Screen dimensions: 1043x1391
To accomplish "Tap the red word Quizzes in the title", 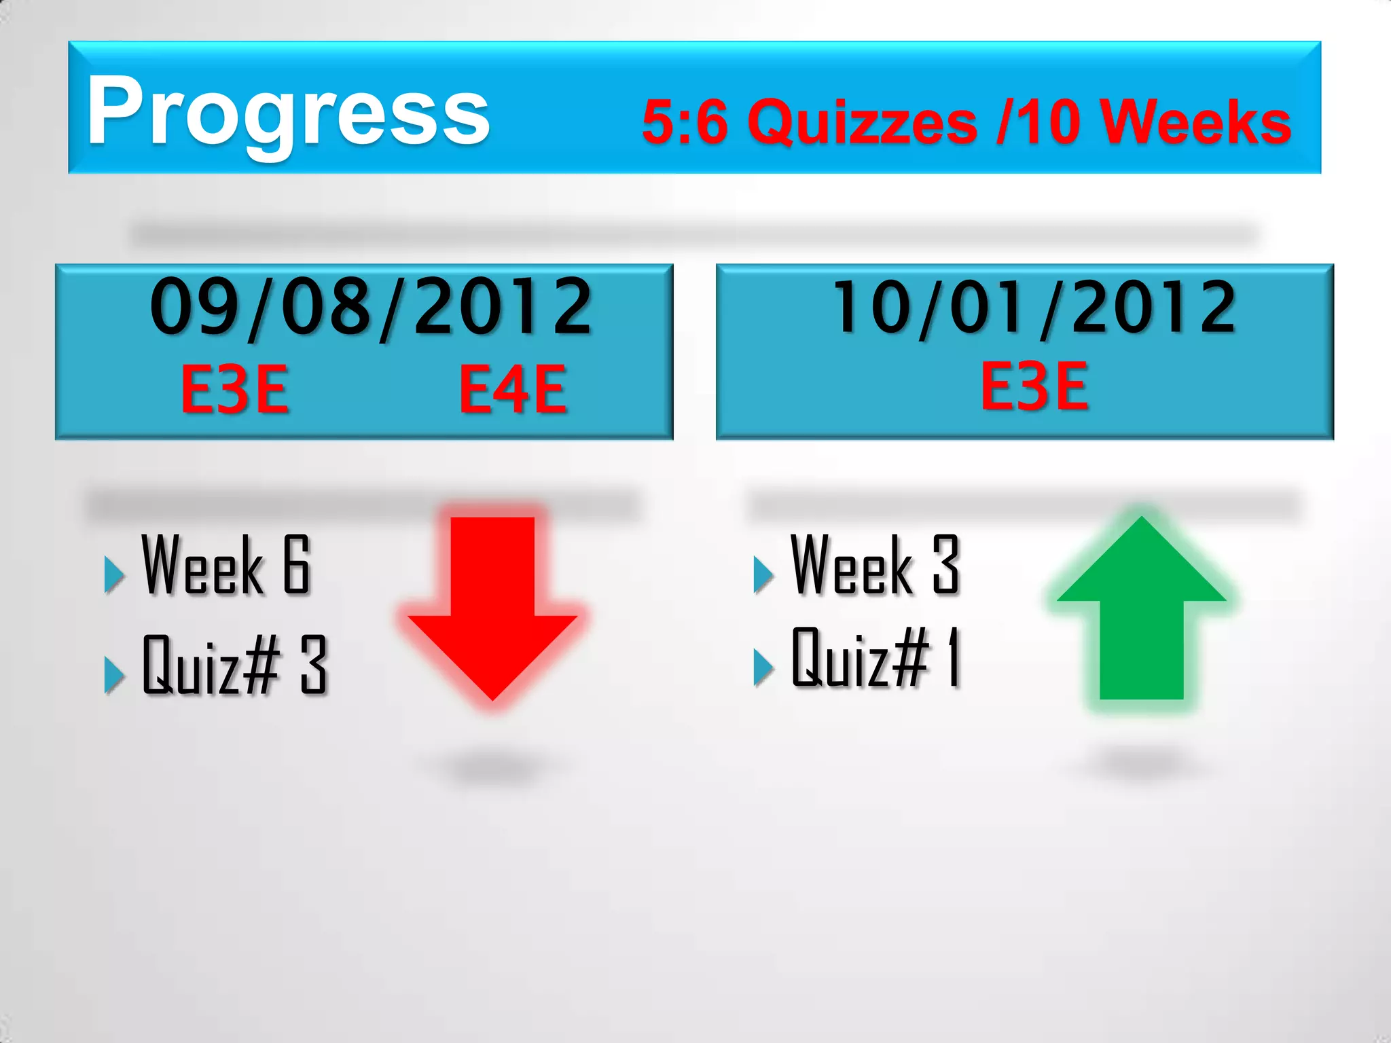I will [x=863, y=122].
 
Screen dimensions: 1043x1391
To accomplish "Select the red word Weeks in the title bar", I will [x=1195, y=122].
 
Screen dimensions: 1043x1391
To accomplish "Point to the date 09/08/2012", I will [x=371, y=307].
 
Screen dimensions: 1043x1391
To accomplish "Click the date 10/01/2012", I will [x=1034, y=307].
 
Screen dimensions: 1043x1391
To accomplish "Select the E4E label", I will [x=513, y=389].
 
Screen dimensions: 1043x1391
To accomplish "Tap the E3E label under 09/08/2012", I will [x=234, y=389].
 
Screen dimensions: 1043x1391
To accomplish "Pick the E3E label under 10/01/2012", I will [x=1034, y=386].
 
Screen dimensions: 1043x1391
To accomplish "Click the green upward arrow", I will [x=1141, y=611].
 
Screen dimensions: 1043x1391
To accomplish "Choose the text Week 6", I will [x=226, y=565].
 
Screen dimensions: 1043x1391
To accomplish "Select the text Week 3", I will [x=875, y=565].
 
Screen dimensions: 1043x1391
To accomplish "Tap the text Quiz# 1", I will [x=876, y=657].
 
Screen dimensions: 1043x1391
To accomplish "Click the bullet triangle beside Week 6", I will [x=113, y=574].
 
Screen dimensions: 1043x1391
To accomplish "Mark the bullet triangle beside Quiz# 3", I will [x=113, y=675].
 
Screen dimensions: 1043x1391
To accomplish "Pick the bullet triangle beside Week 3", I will [x=763, y=574].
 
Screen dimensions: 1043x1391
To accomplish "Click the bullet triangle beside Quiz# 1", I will [x=763, y=667].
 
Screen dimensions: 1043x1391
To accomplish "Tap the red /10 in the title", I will [x=1038, y=122].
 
